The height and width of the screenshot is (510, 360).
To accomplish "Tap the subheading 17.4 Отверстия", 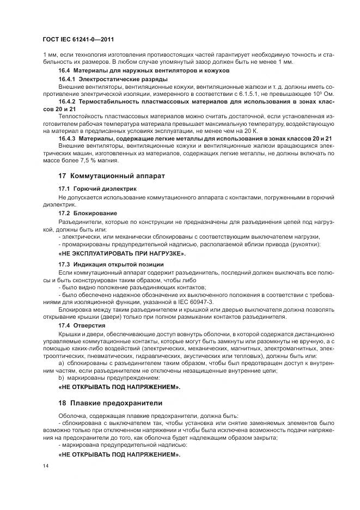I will pos(82,324).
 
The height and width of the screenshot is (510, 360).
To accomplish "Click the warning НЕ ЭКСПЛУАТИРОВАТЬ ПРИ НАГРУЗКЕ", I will pos(121,253).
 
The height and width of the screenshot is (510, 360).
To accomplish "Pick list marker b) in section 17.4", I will pos(60,378).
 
